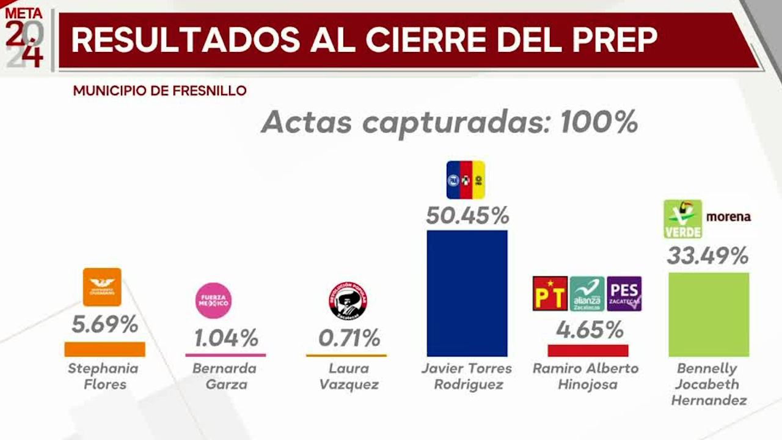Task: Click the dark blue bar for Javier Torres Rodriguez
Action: pos(467,293)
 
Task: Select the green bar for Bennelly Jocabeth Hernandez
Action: pos(709,314)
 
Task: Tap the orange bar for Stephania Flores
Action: pos(104,349)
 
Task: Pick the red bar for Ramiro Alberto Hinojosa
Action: pos(588,350)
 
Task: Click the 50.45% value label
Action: pos(467,216)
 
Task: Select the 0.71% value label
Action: pos(349,337)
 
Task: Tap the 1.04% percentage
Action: pos(226,337)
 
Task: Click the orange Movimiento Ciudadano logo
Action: pos(102,287)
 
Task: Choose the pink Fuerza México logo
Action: pos(213,301)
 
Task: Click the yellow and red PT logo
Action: pos(550,294)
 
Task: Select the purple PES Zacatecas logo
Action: pos(624,294)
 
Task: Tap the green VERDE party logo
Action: pos(682,219)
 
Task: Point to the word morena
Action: pos(728,217)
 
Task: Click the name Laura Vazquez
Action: pos(349,376)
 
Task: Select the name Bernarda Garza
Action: pos(224,376)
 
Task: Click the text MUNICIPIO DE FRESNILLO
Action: pos(159,91)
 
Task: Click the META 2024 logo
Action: pos(24,38)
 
